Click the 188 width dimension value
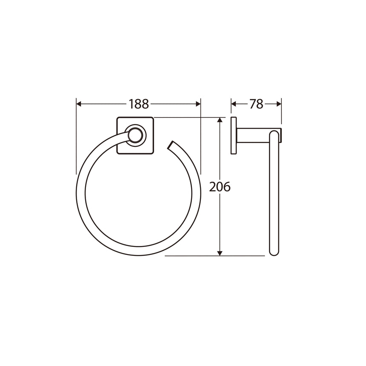point(138,104)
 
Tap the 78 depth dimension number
point(256,104)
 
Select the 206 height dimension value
point(220,186)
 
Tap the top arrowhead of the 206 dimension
point(220,120)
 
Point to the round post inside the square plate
point(136,136)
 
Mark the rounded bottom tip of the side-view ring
point(274,253)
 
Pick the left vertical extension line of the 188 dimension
point(76,136)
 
